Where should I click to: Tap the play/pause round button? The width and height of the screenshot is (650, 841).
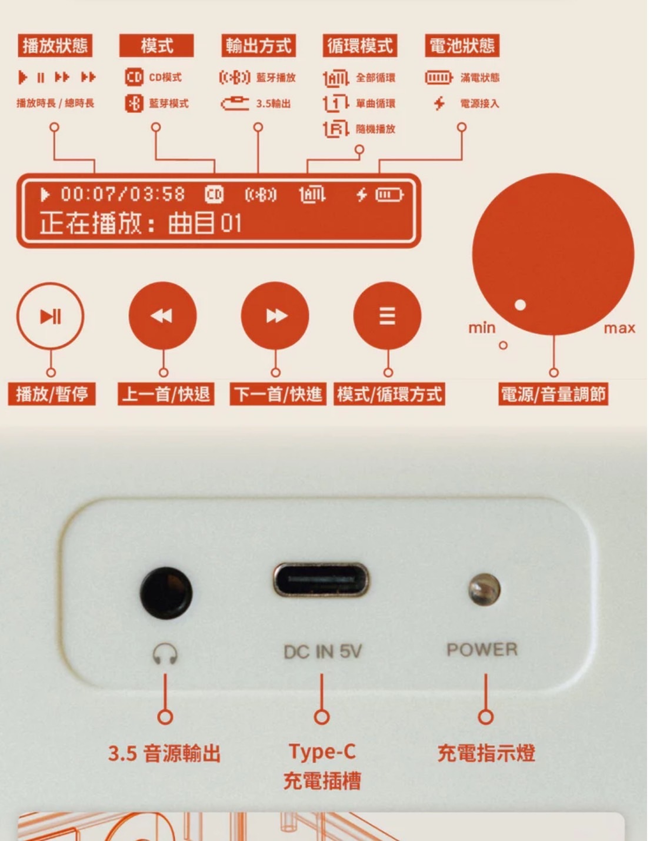[x=50, y=316]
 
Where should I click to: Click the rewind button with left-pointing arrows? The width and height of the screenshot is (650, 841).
[x=163, y=316]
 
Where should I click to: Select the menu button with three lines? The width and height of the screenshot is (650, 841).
[x=388, y=316]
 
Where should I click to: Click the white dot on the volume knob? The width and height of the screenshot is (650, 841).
[x=520, y=305]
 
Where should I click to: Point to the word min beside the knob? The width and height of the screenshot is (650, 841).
[x=482, y=328]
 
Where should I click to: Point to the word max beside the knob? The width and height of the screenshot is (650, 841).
[x=619, y=328]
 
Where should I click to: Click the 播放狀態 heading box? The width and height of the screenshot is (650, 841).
[x=55, y=46]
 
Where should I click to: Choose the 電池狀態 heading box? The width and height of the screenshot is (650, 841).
[x=462, y=46]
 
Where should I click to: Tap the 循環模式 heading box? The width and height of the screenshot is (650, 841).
[x=360, y=46]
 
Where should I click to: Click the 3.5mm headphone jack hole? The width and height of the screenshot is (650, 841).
[x=166, y=593]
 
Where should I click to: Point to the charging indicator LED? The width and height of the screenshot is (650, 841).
[x=484, y=590]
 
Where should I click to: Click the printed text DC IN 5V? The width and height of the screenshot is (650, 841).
[x=322, y=651]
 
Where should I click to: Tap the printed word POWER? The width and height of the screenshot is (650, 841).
[x=482, y=649]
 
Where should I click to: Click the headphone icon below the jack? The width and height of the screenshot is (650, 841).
[x=165, y=654]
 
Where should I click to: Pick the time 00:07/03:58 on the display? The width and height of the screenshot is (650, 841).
[x=123, y=194]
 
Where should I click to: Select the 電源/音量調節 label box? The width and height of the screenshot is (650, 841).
[x=554, y=394]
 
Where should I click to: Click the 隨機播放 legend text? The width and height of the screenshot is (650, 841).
[x=375, y=129]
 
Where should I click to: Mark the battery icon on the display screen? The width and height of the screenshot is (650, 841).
[x=390, y=194]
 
